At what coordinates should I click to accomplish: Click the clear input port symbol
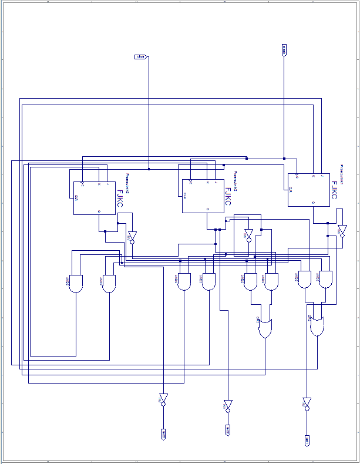click(140, 57)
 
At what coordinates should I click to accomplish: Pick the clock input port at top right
click(284, 50)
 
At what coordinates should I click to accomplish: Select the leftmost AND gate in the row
click(76, 284)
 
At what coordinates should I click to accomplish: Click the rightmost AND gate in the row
click(325, 279)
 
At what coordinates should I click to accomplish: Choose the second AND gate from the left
click(109, 284)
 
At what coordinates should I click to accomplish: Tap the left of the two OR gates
click(265, 328)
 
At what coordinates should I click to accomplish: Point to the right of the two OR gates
click(317, 325)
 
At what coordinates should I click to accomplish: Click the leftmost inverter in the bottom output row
click(163, 399)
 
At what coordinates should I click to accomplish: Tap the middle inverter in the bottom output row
click(227, 405)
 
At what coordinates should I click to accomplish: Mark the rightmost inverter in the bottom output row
click(307, 404)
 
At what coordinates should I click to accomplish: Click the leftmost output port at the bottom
click(163, 434)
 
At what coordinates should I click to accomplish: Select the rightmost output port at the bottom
click(307, 440)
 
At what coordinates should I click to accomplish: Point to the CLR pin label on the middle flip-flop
click(185, 195)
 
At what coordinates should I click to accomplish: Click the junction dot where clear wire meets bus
click(149, 169)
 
